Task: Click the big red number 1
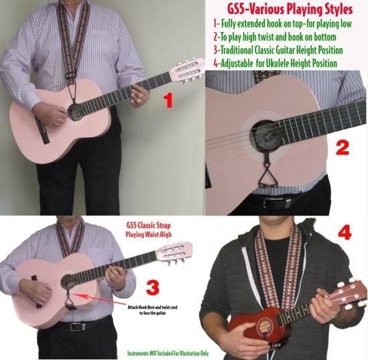(168, 100)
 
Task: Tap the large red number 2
(342, 149)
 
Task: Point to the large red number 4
(345, 233)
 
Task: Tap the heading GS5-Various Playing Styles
(290, 9)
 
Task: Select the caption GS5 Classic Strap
(149, 226)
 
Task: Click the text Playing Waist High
(149, 234)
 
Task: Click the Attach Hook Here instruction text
(153, 310)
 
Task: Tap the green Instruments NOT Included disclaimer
(168, 353)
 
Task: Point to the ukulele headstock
(351, 293)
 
